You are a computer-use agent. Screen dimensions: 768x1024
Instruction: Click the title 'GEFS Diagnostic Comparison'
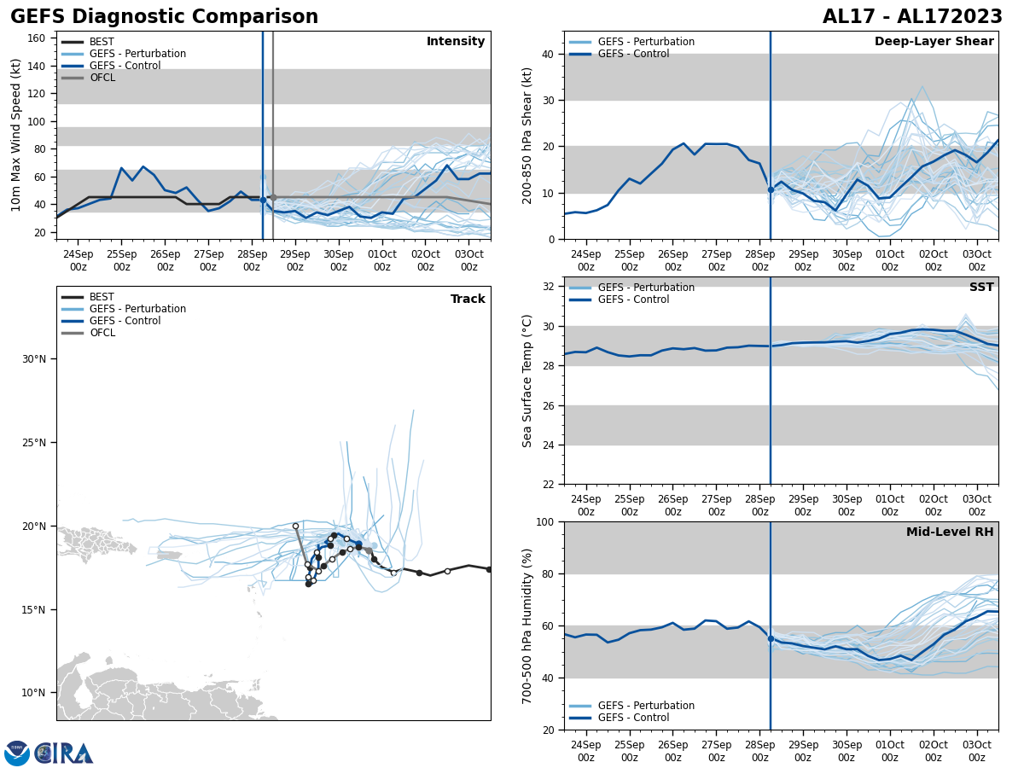[x=164, y=17]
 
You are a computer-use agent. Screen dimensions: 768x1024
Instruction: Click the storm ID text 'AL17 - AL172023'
[x=912, y=17]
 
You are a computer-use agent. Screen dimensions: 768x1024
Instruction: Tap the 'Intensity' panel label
[x=456, y=42]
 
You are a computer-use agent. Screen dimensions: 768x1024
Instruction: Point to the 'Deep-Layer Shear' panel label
[x=934, y=42]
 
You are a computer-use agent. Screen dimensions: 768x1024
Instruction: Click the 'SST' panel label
[x=981, y=288]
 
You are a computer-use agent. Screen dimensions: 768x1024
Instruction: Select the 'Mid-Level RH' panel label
[x=950, y=532]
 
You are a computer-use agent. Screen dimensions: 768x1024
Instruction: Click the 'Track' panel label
[x=468, y=300]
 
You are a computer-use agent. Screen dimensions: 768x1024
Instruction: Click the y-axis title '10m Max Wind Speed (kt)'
[x=16, y=135]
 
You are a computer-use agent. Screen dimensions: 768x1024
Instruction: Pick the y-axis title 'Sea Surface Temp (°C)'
[x=527, y=381]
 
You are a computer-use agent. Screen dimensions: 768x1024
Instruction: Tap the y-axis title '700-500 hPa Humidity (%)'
[x=527, y=625]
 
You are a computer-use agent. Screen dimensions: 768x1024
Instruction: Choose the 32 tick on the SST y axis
[x=550, y=287]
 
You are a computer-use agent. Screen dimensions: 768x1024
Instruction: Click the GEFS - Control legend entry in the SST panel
[x=633, y=300]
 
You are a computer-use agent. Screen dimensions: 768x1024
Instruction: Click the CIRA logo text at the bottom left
[x=64, y=753]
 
